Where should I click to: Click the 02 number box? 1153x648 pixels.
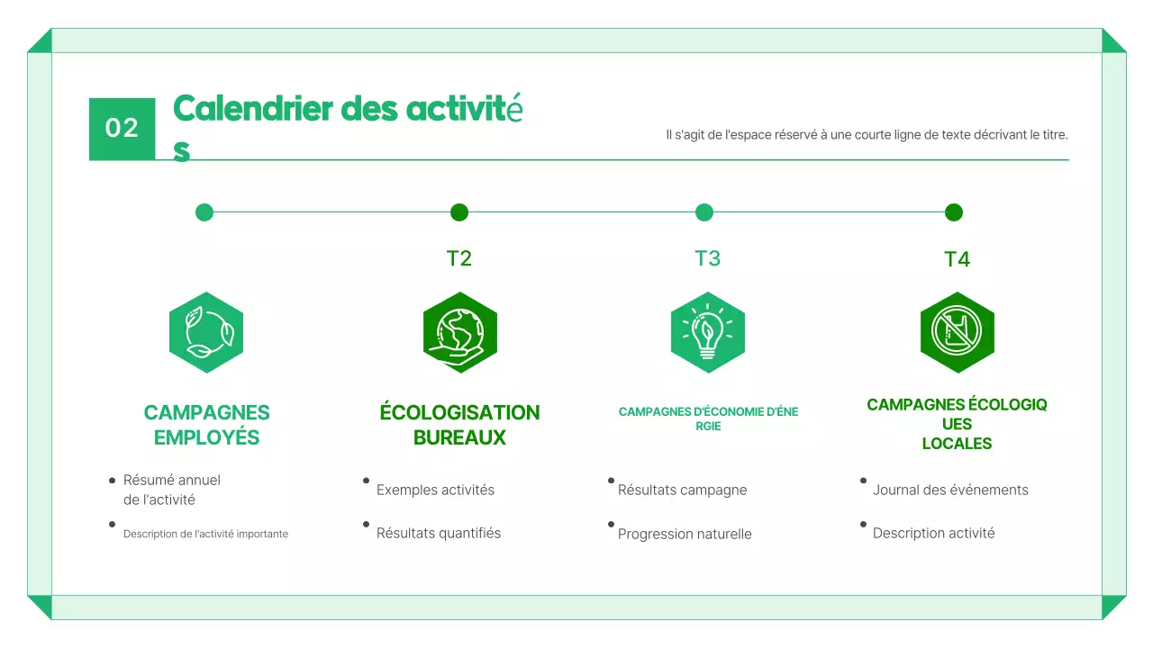click(122, 129)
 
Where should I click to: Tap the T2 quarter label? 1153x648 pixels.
click(459, 258)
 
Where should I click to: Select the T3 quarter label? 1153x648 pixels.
click(707, 258)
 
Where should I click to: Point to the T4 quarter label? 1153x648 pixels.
click(957, 259)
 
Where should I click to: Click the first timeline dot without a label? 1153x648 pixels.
click(204, 212)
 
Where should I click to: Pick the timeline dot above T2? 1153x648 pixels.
click(459, 212)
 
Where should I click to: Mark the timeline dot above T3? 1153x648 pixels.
click(704, 212)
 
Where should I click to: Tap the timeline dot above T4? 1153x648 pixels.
click(954, 212)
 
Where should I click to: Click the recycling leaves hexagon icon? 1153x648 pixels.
click(206, 332)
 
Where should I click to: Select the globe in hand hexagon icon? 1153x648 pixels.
click(460, 332)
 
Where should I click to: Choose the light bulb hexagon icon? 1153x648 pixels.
click(708, 332)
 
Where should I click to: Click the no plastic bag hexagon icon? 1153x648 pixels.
click(957, 332)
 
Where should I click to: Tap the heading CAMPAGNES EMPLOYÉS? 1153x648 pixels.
click(206, 425)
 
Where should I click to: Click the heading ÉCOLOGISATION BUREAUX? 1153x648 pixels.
click(459, 425)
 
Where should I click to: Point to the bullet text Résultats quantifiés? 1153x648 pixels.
click(439, 533)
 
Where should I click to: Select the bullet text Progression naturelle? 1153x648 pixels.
click(685, 534)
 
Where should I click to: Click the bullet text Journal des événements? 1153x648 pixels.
click(950, 490)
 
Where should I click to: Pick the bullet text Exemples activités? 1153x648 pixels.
click(435, 490)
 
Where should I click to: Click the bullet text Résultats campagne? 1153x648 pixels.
click(682, 490)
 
